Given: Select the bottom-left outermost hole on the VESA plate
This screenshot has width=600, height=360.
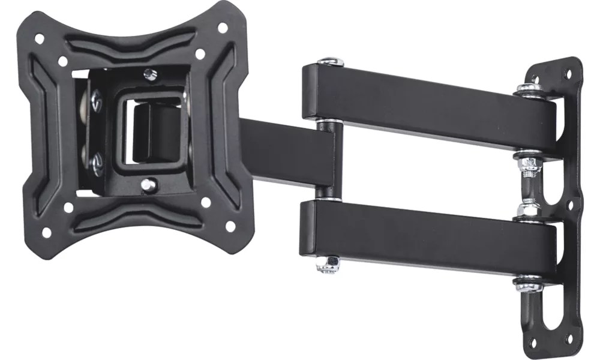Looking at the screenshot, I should pyautogui.click(x=46, y=232).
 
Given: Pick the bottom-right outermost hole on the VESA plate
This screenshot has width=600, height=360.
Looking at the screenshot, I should pyautogui.click(x=230, y=226).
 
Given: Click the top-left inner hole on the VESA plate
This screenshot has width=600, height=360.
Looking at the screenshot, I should pyautogui.click(x=62, y=61).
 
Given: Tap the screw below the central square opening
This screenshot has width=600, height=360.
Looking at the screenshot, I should pyautogui.click(x=148, y=184).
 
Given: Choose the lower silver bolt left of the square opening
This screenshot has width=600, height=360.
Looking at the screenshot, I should pyautogui.click(x=96, y=163).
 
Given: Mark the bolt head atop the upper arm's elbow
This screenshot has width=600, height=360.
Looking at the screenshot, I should pyautogui.click(x=329, y=62).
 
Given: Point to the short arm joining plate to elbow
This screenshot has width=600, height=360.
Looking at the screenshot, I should pyautogui.click(x=282, y=150).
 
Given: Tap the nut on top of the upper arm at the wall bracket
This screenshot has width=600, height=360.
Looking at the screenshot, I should pyautogui.click(x=528, y=88).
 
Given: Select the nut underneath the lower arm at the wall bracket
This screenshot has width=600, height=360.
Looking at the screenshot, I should pyautogui.click(x=529, y=283).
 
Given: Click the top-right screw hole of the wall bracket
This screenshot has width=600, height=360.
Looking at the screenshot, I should pyautogui.click(x=567, y=74).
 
